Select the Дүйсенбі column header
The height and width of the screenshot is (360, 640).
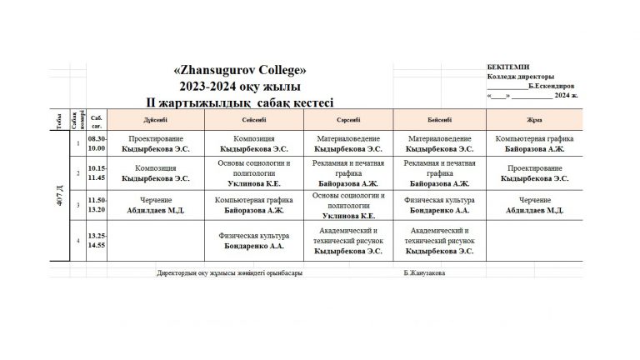[x=156, y=120]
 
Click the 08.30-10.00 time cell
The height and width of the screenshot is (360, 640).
[x=97, y=143]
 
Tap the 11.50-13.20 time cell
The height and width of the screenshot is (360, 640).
[x=97, y=205]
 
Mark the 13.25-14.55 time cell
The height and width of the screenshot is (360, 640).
[x=97, y=241]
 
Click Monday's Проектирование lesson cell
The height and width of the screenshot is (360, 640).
[x=156, y=143]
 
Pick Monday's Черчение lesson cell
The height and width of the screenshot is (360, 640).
[x=156, y=205]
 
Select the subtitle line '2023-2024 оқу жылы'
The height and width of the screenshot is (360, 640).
[x=240, y=86]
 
